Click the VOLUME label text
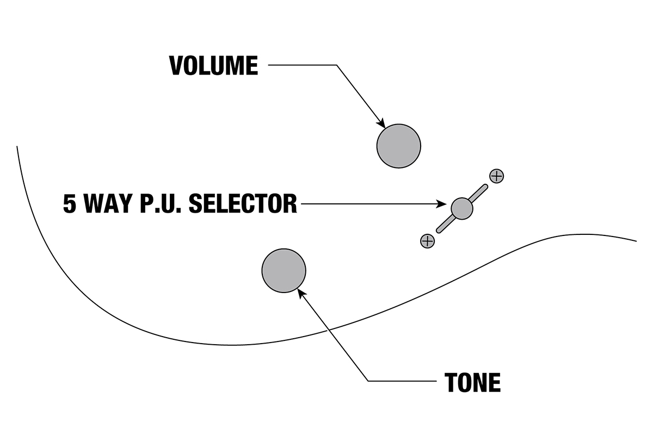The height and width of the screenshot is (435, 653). (x=213, y=66)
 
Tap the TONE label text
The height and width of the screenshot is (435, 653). (x=472, y=383)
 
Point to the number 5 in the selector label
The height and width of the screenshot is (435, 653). (x=70, y=204)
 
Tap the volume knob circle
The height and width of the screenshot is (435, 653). (x=398, y=146)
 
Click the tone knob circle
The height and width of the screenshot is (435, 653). (x=284, y=270)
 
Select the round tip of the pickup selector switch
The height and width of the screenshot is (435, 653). (x=462, y=208)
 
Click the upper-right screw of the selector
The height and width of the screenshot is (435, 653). (x=496, y=176)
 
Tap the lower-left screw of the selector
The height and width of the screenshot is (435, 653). (x=428, y=241)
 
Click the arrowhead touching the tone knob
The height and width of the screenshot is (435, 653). (x=301, y=292)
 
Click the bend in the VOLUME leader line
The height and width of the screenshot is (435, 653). (x=337, y=66)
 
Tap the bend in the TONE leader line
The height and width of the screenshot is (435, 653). (x=368, y=380)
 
